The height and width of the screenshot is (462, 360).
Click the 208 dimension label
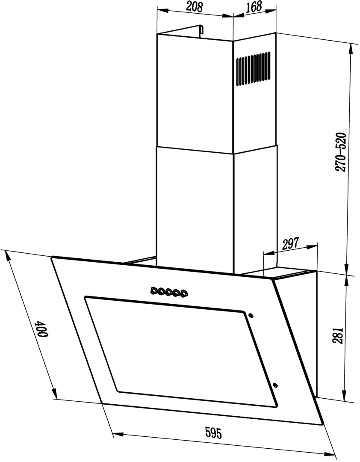point(195,7)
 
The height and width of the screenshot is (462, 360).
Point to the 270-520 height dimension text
point(341,152)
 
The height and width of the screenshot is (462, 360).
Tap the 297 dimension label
point(290,243)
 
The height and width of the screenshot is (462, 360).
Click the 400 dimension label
point(41,329)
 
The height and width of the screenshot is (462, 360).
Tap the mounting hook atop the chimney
point(201,31)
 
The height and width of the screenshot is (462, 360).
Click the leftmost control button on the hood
point(154,291)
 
